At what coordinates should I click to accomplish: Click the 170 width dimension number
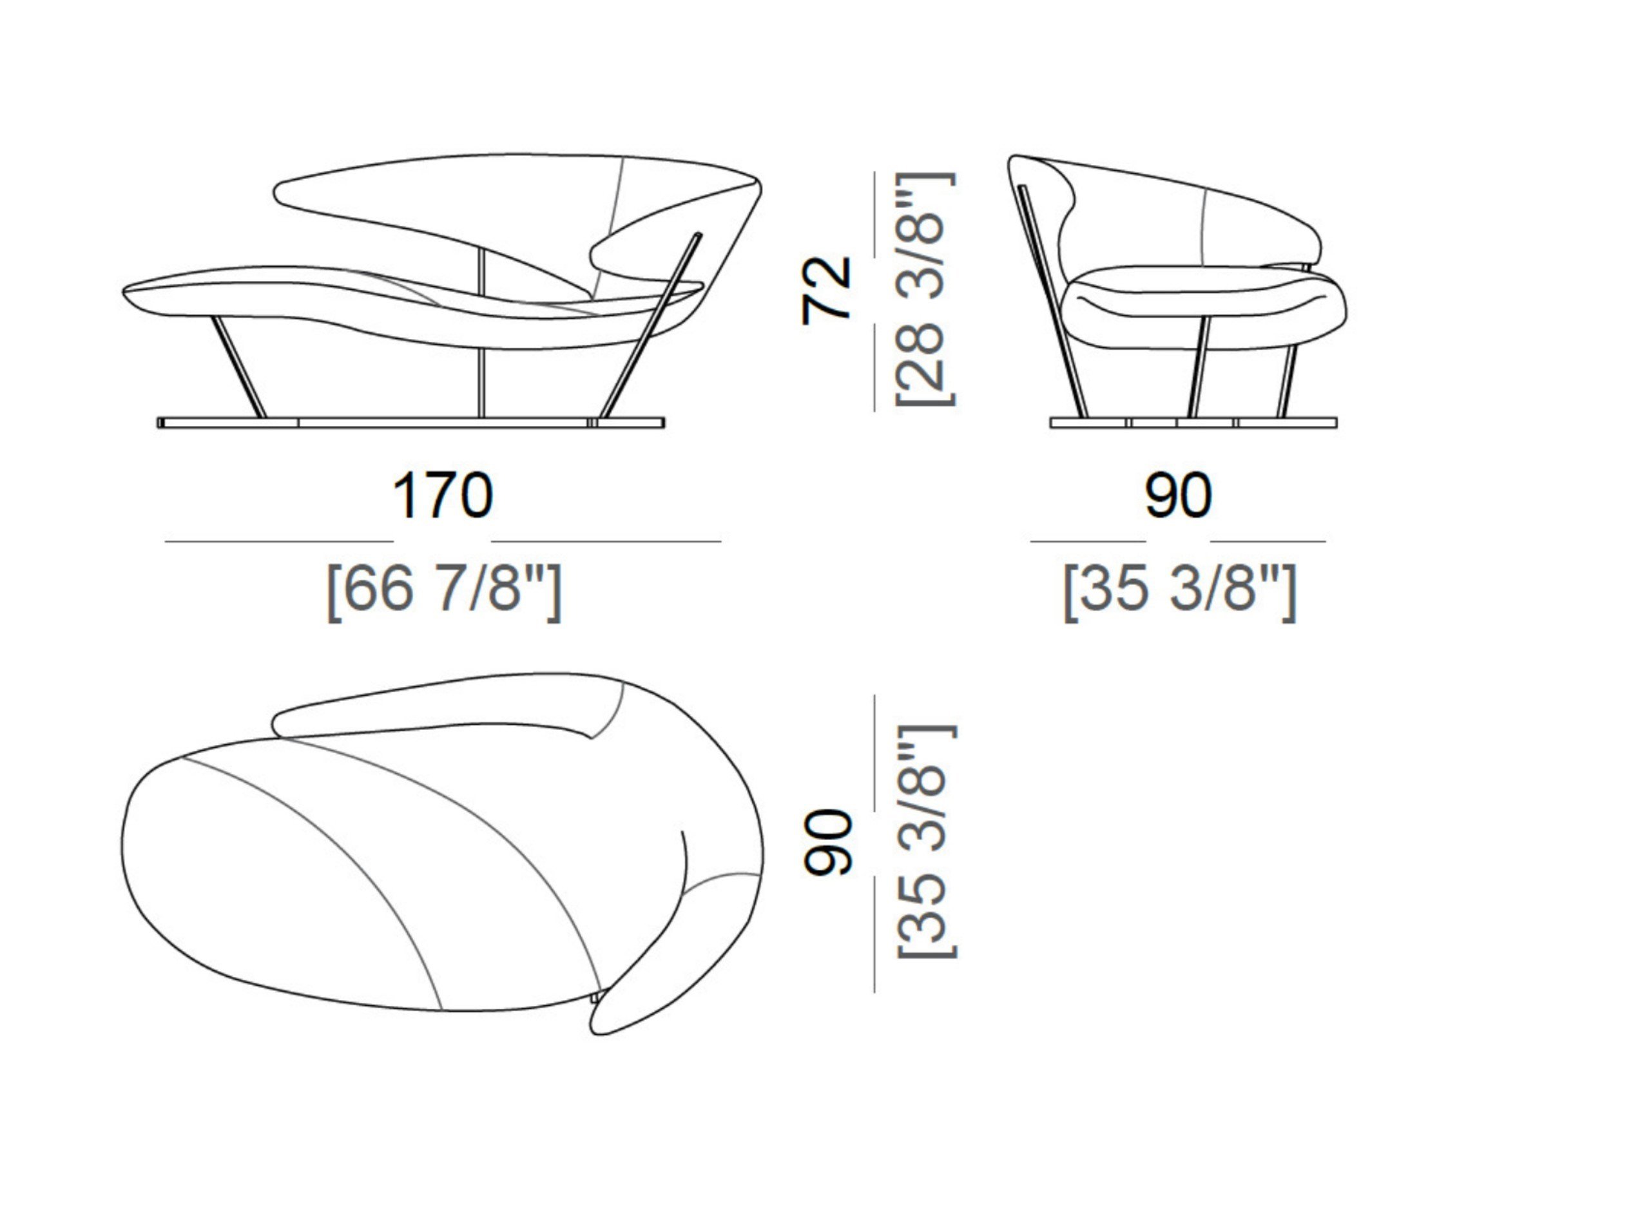(x=442, y=495)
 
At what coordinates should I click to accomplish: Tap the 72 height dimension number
(x=826, y=290)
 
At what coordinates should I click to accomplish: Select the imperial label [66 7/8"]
(x=444, y=591)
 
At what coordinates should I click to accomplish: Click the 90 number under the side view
(x=1178, y=495)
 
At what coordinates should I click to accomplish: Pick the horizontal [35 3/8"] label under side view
(x=1180, y=591)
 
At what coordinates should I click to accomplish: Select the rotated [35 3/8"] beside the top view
(x=927, y=841)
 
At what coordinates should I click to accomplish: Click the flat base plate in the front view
(x=412, y=423)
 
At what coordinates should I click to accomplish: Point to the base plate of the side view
(x=1193, y=423)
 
